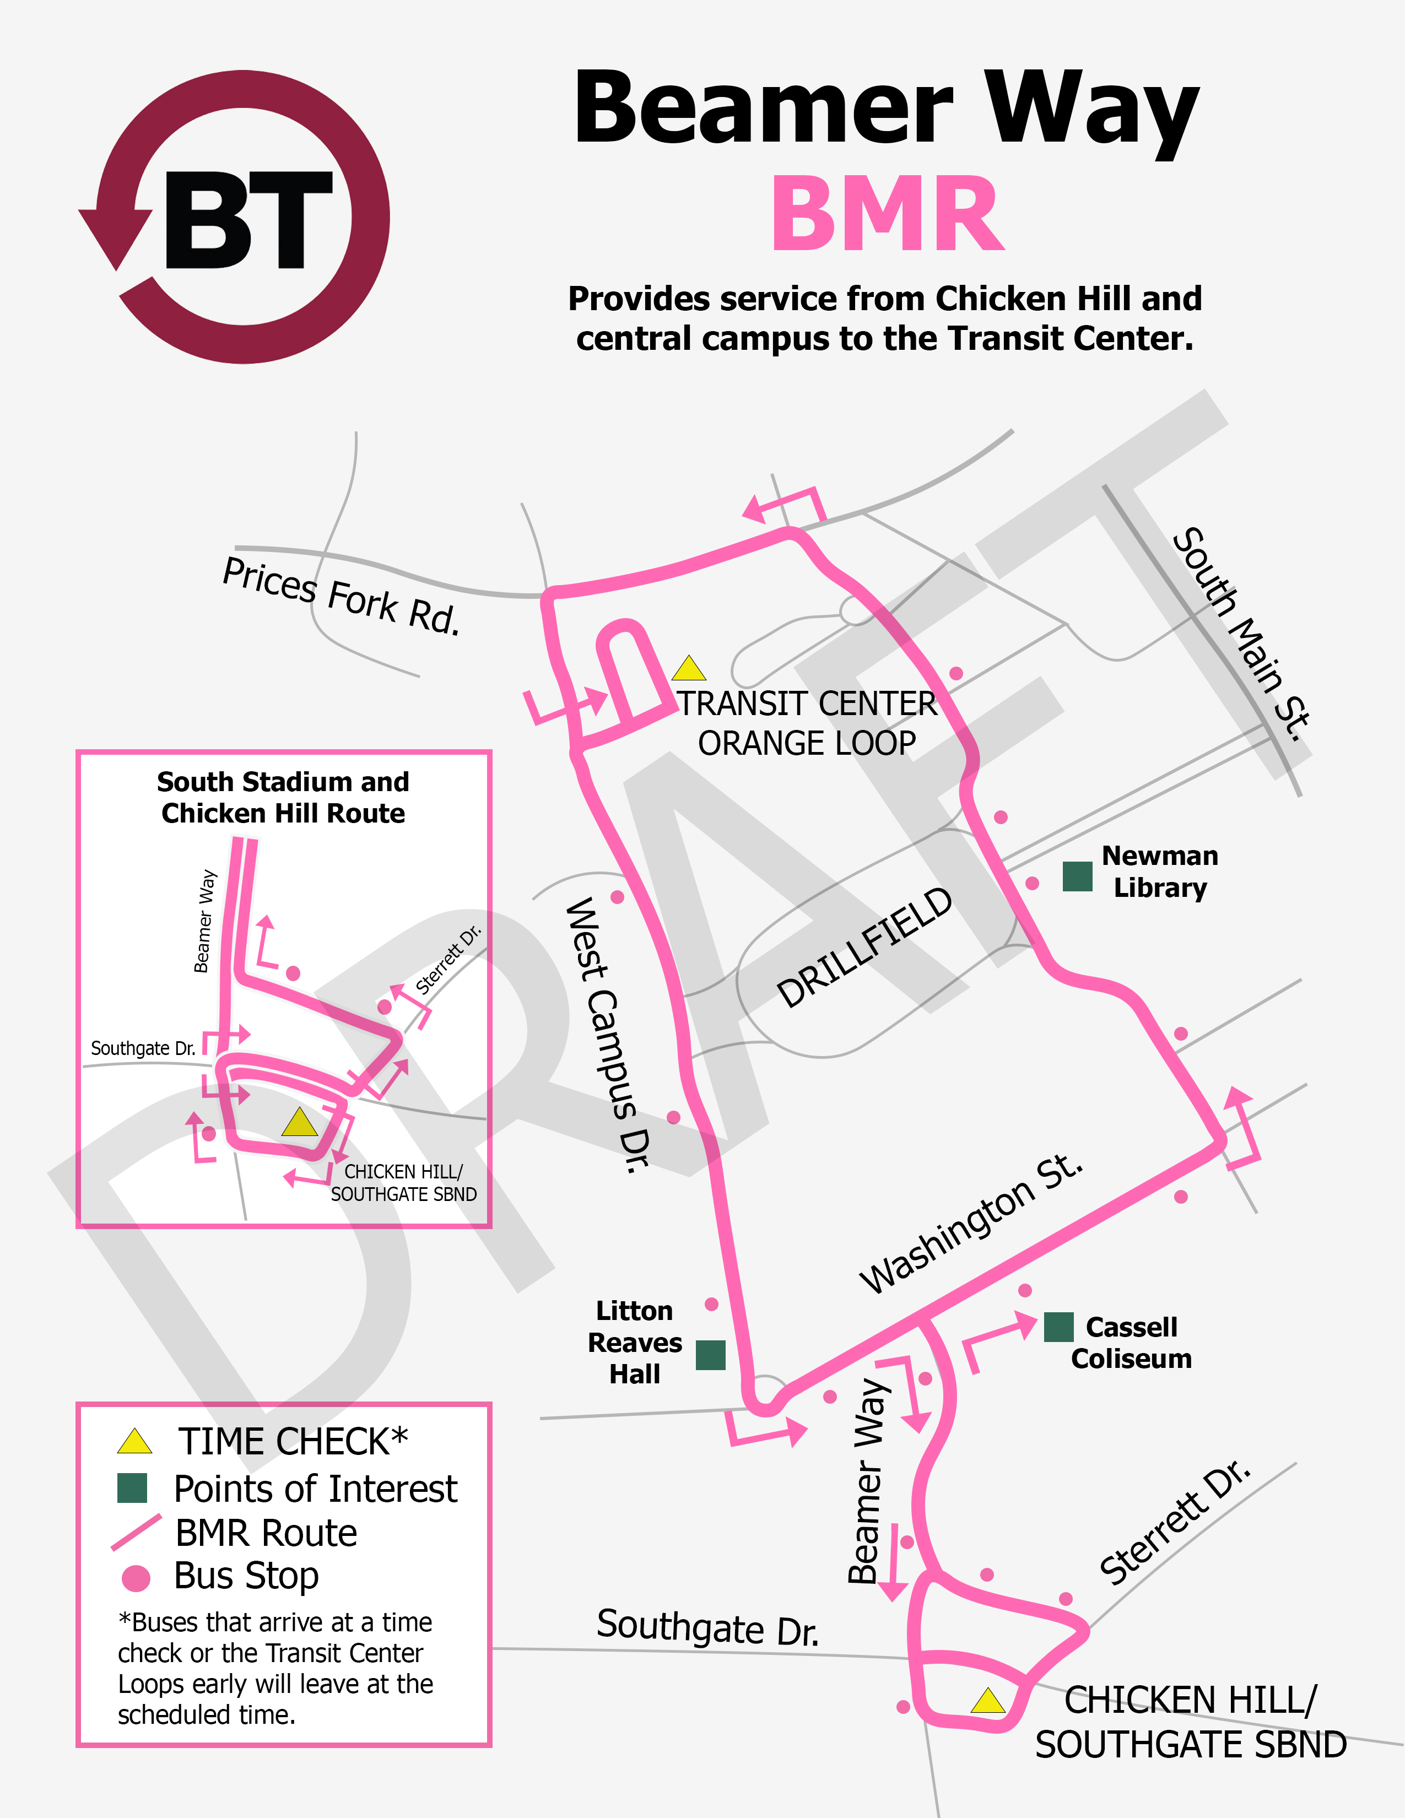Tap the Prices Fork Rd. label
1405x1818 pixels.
click(x=341, y=596)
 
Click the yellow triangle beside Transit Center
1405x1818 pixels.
click(x=689, y=668)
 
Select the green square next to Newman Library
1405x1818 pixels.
click(x=1077, y=876)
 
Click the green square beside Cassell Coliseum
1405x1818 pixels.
click(x=1059, y=1327)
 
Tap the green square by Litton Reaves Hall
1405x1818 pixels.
click(x=710, y=1354)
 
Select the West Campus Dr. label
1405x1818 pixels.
click(x=608, y=1035)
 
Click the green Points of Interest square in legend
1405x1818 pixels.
click(x=132, y=1489)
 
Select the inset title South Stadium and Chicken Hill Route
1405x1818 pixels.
click(x=283, y=798)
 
